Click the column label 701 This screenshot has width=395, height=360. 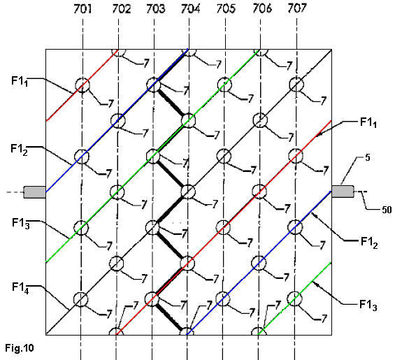tap(82, 9)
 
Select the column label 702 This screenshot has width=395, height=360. tap(122, 9)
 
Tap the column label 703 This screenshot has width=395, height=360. tap(156, 9)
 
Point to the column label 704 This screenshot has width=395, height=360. tap(190, 9)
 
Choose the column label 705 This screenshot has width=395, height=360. tap(226, 9)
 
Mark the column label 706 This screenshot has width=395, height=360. tap(262, 8)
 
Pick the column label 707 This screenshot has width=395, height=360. tap(297, 8)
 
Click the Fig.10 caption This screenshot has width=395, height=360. tap(20, 348)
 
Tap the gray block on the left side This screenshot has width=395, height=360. tap(35, 192)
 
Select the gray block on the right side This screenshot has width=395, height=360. tap(343, 192)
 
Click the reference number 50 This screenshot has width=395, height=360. tap(387, 210)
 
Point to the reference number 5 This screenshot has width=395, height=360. tap(368, 158)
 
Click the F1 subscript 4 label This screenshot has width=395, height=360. tap(20, 288)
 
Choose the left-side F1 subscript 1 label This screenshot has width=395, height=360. tap(20, 82)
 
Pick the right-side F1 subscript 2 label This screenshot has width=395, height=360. tap(369, 243)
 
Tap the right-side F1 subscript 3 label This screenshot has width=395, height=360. tap(368, 305)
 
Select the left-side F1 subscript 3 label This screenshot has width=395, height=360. tap(21, 224)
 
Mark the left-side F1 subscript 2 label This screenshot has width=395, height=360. tap(19, 150)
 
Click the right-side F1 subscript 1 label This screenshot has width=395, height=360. tap(368, 123)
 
